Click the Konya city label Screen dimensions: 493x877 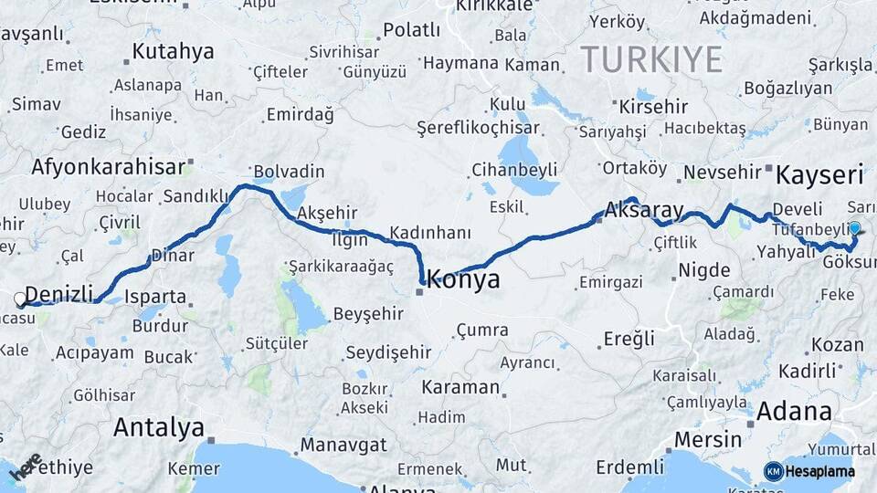pos(463,279)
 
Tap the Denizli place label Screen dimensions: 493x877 pos(59,294)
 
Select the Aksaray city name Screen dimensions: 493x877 pos(644,210)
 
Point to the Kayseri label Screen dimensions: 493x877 pos(819,174)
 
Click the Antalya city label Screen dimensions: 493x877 pos(158,427)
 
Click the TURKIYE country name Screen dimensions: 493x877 pos(651,59)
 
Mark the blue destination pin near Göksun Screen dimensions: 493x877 pos(854,228)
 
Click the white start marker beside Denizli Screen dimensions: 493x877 pos(20,299)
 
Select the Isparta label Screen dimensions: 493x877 pos(157,298)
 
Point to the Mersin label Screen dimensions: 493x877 pos(708,439)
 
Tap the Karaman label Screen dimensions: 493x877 pos(460,387)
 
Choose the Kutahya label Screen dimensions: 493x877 pos(173,51)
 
